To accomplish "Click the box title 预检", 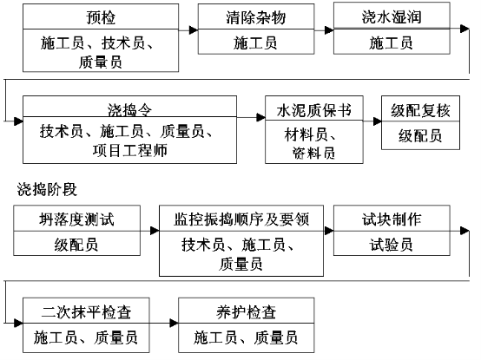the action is tap(101, 17).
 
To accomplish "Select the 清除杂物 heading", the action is tap(256, 17).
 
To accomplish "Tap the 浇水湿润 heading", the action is tap(392, 16).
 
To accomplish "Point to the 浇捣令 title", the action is tap(129, 109).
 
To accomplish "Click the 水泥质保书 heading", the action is tap(313, 110).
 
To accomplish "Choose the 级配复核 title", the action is tap(420, 110).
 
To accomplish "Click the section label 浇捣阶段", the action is tap(47, 189).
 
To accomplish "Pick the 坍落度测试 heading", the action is tap(76, 219).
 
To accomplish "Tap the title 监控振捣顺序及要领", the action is tap(241, 219).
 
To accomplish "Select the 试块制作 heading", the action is tap(392, 219).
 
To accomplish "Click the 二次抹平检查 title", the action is tap(86, 312).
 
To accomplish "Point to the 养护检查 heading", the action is tap(247, 312).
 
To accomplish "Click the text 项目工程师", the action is tap(129, 150).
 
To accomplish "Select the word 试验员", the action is tap(391, 245).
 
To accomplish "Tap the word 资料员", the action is tap(313, 154).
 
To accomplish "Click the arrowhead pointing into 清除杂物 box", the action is tap(194, 30).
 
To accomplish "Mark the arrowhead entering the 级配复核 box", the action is tap(378, 121).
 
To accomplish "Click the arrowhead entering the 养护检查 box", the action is tap(174, 323).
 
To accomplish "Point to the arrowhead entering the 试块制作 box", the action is tap(329, 231).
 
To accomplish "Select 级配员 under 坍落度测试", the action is tap(76, 245).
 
